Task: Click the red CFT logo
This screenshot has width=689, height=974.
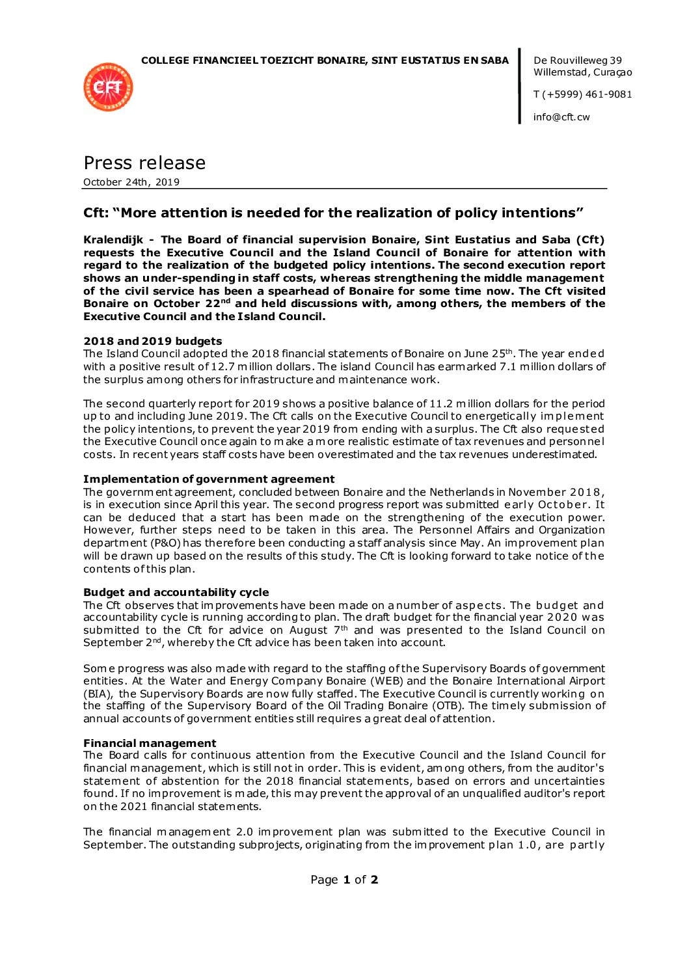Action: click(108, 87)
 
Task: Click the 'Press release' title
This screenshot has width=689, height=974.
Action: click(144, 163)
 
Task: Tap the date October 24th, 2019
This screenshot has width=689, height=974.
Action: click(131, 182)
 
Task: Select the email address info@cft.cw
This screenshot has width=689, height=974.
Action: click(561, 117)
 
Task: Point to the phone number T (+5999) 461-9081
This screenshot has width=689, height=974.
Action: click(582, 94)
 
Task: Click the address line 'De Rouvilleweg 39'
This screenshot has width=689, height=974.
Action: click(577, 61)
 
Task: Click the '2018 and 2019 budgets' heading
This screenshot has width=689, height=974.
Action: click(153, 341)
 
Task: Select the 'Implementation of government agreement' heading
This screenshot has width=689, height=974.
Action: click(209, 479)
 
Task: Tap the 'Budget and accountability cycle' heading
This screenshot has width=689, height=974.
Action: click(176, 592)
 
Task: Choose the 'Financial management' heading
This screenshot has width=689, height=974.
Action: click(150, 743)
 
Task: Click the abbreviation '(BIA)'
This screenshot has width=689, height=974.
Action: click(97, 694)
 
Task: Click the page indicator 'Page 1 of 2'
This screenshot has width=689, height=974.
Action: click(344, 880)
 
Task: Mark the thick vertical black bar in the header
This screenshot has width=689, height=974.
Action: click(520, 86)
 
